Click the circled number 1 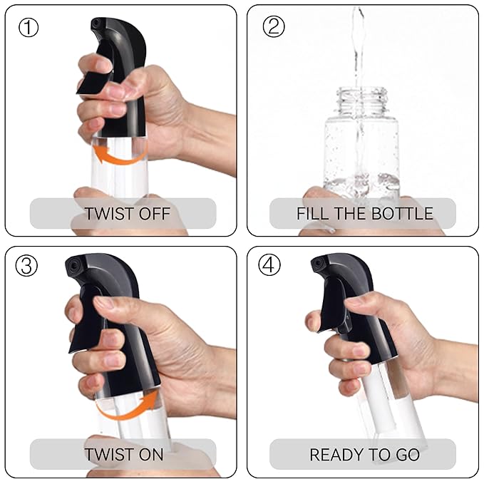tap(29, 28)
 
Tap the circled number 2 tap(273, 28)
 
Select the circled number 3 tap(29, 267)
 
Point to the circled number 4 tap(269, 267)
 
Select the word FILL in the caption tap(311, 213)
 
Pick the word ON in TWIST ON tap(151, 454)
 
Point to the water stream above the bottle tap(358, 43)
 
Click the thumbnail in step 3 tap(105, 302)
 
